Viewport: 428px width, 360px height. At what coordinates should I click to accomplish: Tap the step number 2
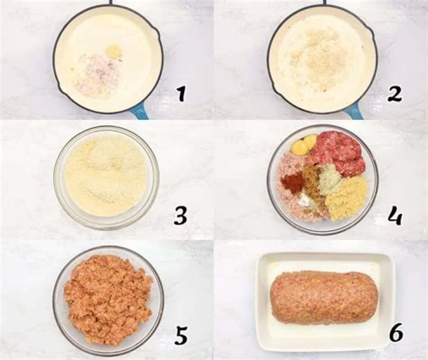click(x=395, y=93)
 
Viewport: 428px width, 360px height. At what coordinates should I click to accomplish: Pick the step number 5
click(x=181, y=336)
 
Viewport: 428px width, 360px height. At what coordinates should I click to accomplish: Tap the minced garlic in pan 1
click(x=114, y=51)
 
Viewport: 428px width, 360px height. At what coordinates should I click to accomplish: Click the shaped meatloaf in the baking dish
click(x=324, y=297)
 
